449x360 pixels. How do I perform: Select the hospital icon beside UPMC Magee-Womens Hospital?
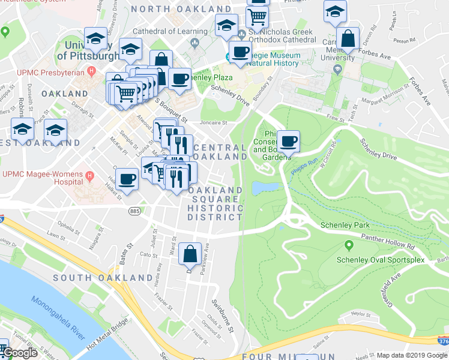click(x=90, y=177)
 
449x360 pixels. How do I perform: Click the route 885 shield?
click(x=134, y=211)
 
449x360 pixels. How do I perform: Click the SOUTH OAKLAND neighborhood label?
click(x=103, y=278)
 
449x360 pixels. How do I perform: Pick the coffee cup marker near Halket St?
click(x=127, y=179)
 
